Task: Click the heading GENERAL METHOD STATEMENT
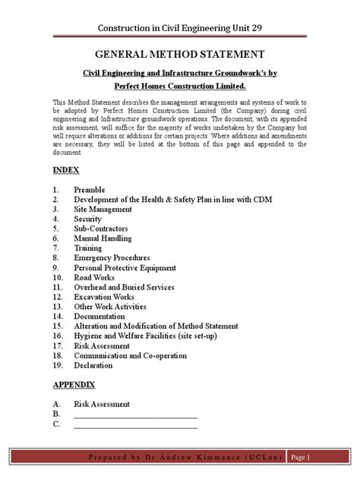[179, 55]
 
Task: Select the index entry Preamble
[90, 188]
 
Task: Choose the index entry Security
[89, 218]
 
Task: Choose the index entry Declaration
[93, 365]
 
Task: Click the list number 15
[58, 326]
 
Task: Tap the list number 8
[55, 257]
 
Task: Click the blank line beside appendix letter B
[135, 415]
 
